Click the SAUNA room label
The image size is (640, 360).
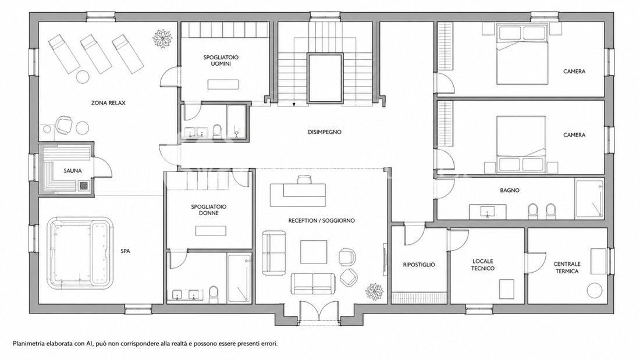point(73,170)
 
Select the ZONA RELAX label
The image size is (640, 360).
point(108,103)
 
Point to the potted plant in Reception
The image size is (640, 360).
point(374,292)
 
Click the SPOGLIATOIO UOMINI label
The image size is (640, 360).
point(221,60)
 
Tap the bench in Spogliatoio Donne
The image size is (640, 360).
point(211,231)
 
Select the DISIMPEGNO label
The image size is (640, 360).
point(325,132)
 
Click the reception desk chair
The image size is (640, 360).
point(304,180)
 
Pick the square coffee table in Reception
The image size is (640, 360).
point(314,252)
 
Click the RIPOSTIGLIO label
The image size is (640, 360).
point(419,265)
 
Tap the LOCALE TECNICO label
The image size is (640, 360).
point(483,265)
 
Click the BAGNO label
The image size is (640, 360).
point(510,190)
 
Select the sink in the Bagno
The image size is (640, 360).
point(488,212)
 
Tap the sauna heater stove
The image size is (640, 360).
point(84,186)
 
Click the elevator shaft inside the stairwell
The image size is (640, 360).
point(325,78)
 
